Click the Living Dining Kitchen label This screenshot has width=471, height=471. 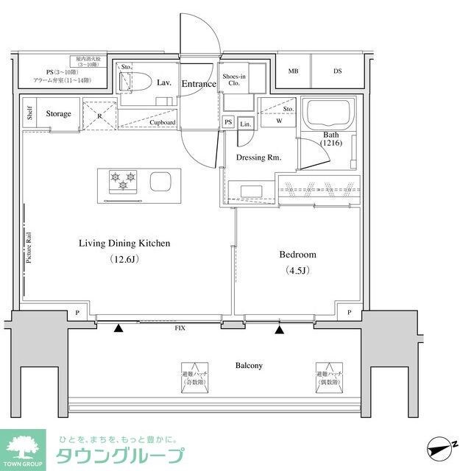124,243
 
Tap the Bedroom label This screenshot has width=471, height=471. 297,255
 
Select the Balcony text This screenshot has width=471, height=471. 249,365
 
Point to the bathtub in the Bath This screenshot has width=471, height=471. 330,115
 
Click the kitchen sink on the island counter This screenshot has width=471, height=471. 160,181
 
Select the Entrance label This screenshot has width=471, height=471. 198,84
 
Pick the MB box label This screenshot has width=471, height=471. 293,71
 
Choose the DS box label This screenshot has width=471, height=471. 337,71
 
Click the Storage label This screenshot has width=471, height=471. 59,114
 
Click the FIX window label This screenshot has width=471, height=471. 180,327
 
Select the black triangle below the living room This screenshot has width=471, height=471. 118,329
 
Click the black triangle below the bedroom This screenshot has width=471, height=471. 279,329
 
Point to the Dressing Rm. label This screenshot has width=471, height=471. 258,157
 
